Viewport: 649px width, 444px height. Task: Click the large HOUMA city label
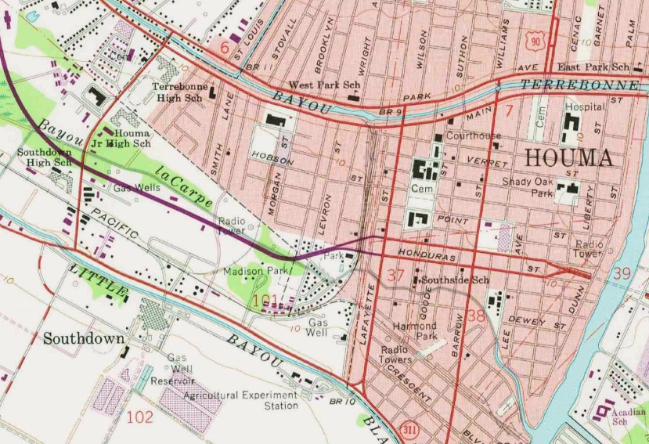point(568,157)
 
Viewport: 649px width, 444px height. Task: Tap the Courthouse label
point(473,135)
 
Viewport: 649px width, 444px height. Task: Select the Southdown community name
point(84,339)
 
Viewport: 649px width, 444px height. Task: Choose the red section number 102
point(139,417)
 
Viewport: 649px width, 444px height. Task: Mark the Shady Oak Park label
point(528,187)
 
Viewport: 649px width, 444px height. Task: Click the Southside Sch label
point(455,280)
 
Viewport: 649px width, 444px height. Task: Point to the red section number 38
point(476,316)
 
